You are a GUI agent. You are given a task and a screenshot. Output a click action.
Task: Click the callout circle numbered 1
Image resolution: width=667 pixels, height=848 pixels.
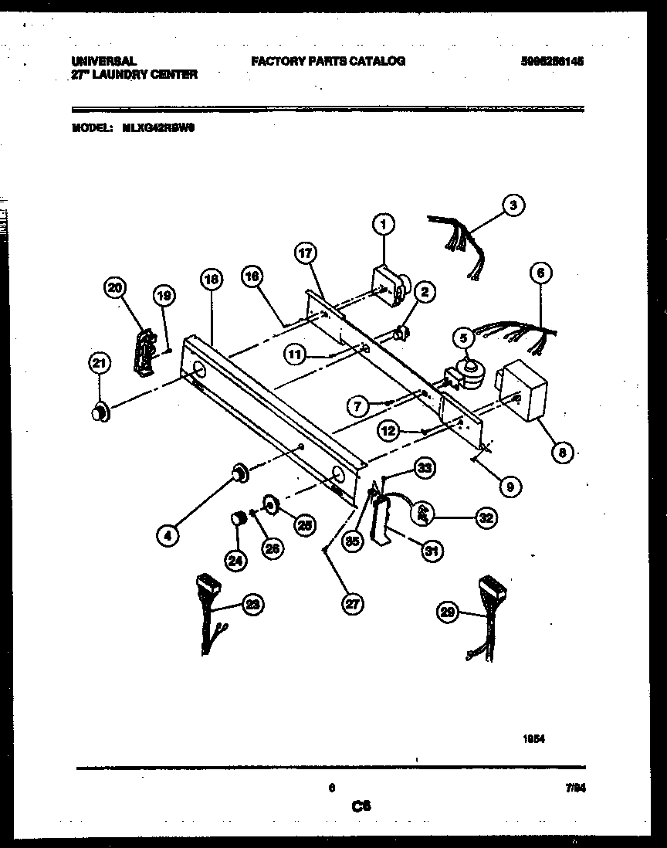[x=383, y=225]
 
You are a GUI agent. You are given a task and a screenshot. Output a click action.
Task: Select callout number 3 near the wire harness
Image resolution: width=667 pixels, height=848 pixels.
[x=513, y=205]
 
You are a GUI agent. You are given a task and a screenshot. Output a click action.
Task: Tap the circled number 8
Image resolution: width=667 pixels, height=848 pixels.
[x=562, y=453]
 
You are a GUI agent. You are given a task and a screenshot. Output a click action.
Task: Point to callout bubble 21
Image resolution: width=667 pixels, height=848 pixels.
[x=100, y=362]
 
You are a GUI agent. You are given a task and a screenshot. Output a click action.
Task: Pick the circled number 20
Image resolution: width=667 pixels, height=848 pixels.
[x=114, y=288]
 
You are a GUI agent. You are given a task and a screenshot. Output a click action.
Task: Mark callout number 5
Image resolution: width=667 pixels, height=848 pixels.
[x=462, y=337]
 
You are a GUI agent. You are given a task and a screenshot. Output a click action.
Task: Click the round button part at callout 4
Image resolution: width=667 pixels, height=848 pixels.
[x=239, y=471]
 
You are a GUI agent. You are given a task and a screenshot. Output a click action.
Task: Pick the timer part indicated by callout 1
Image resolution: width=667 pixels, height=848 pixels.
[x=389, y=283]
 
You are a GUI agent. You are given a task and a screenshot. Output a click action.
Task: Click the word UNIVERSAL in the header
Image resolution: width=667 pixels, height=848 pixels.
[x=103, y=61]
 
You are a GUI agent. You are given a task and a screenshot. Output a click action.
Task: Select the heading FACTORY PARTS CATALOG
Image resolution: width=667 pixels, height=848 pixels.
[x=328, y=61]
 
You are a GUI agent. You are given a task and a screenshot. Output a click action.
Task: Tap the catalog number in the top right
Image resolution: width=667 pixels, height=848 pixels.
[x=551, y=61]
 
